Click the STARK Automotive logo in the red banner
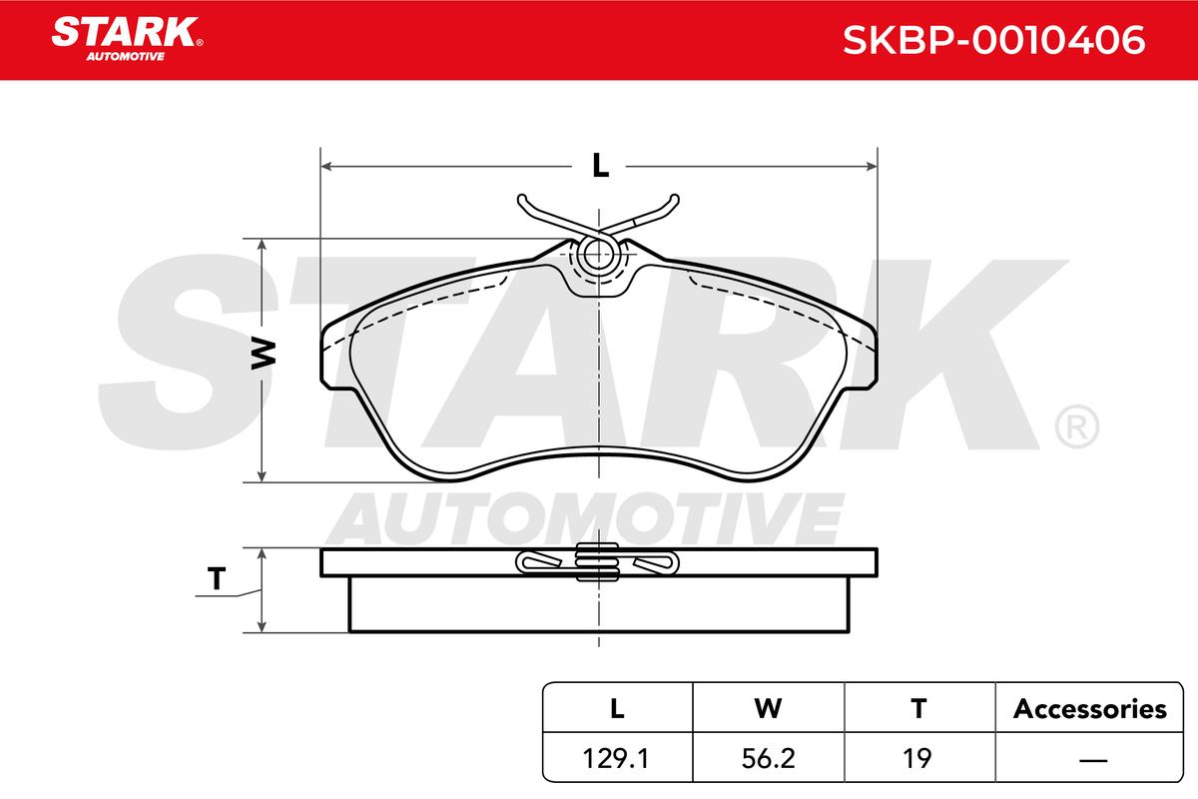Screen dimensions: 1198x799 pyautogui.click(x=126, y=39)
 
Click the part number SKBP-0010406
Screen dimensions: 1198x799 pyautogui.click(x=993, y=40)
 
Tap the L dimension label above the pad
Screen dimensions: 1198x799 pyautogui.click(x=601, y=166)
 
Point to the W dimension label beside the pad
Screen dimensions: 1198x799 pyautogui.click(x=264, y=354)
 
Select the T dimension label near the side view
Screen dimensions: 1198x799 pyautogui.click(x=217, y=578)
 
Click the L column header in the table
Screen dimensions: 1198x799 pyautogui.click(x=617, y=709)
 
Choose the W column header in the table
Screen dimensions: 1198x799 pyautogui.click(x=768, y=709)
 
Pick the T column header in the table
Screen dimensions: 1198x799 pyautogui.click(x=918, y=709)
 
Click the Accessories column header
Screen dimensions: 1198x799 pyautogui.click(x=1089, y=709)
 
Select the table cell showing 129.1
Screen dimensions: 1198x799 pyautogui.click(x=616, y=758)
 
